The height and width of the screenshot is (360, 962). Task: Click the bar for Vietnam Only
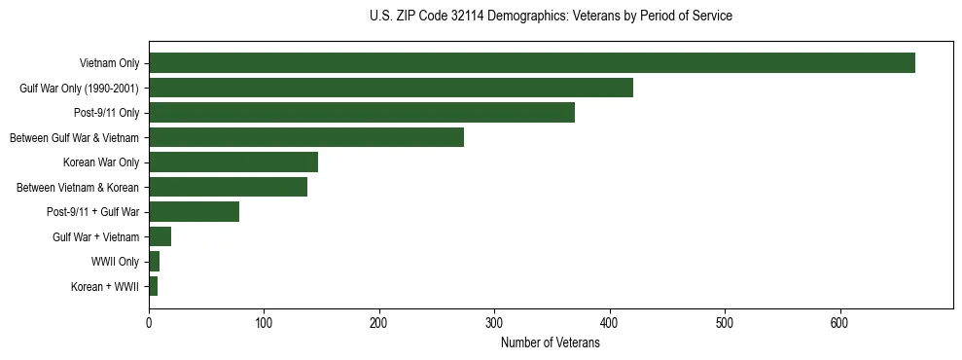click(x=532, y=63)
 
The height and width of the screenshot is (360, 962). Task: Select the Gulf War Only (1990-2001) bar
click(x=391, y=88)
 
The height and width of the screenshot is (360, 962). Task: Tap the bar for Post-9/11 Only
click(x=362, y=113)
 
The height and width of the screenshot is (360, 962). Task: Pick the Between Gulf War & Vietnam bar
click(x=306, y=137)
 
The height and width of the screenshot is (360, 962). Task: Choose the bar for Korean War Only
click(x=233, y=162)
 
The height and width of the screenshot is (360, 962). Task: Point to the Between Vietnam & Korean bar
click(x=229, y=187)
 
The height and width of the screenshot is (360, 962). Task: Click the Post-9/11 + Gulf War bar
click(x=195, y=212)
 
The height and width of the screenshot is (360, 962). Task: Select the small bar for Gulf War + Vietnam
click(x=160, y=236)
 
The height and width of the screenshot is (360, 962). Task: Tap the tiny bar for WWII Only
click(x=155, y=262)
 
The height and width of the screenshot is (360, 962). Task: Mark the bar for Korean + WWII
click(x=154, y=286)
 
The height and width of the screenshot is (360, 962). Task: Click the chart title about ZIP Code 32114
click(x=551, y=17)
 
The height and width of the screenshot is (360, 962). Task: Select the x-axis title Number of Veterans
click(x=551, y=343)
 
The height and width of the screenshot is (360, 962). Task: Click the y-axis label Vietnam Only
click(x=109, y=64)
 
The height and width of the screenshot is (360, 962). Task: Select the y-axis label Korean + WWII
click(x=105, y=287)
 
